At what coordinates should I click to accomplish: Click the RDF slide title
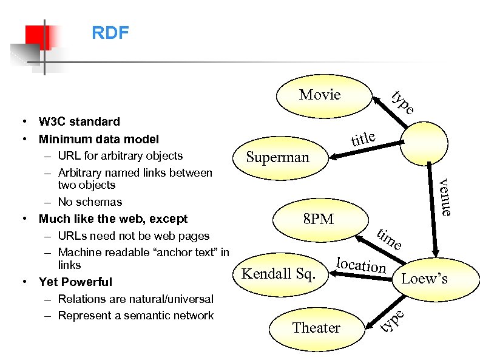point(110,33)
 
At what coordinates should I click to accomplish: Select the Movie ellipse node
point(320,95)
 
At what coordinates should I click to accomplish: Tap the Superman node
point(277,157)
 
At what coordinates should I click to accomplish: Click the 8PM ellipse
point(318,219)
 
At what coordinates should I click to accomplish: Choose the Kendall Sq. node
point(279,274)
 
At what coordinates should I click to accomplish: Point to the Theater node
point(316,328)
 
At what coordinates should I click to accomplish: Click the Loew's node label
point(424,279)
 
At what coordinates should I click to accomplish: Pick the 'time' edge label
point(389,239)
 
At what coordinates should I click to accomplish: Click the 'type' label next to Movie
point(402,103)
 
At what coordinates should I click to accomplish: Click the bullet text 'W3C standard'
point(79,122)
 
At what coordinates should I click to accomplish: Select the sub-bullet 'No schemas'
point(90,202)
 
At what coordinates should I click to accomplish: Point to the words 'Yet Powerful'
point(75,282)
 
